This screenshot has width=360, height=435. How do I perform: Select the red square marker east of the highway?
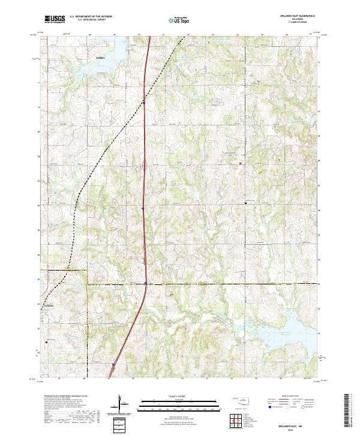pyautogui.click(x=241, y=163)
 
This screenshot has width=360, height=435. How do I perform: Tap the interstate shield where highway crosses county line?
pyautogui.click(x=146, y=284)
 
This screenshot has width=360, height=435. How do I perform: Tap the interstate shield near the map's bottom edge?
pyautogui.click(x=112, y=364)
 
